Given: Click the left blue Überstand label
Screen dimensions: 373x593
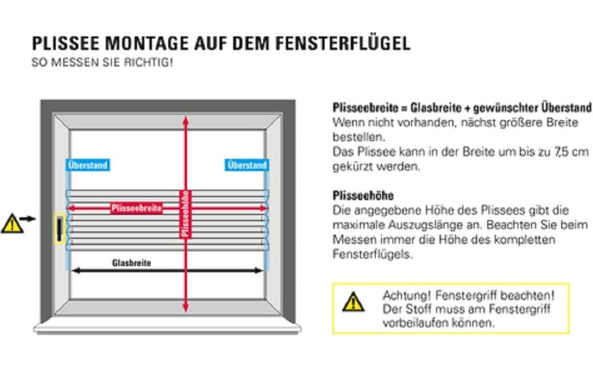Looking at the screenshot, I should pyautogui.click(x=88, y=165).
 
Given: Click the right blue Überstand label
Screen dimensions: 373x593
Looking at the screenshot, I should pyautogui.click(x=246, y=165).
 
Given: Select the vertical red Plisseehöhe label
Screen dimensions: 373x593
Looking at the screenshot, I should pyautogui.click(x=185, y=213).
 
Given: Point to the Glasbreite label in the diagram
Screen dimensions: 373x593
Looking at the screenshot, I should pyautogui.click(x=131, y=263).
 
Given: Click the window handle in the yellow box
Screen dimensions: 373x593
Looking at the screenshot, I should pyautogui.click(x=59, y=229).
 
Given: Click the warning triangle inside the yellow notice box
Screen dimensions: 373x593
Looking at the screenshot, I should pyautogui.click(x=353, y=301).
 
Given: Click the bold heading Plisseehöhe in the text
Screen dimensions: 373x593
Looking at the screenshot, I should pyautogui.click(x=363, y=196).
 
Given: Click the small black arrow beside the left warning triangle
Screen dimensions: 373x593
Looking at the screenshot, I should pyautogui.click(x=28, y=218).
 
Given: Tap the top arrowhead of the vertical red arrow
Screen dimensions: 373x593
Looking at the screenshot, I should pyautogui.click(x=185, y=120).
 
